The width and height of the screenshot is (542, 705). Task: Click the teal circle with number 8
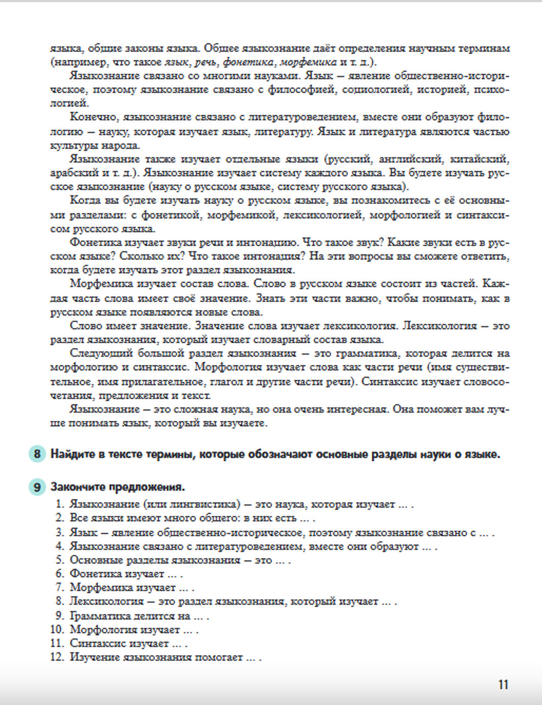click(36, 454)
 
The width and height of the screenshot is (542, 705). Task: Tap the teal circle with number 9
click(36, 487)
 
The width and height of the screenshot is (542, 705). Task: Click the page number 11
click(503, 684)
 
